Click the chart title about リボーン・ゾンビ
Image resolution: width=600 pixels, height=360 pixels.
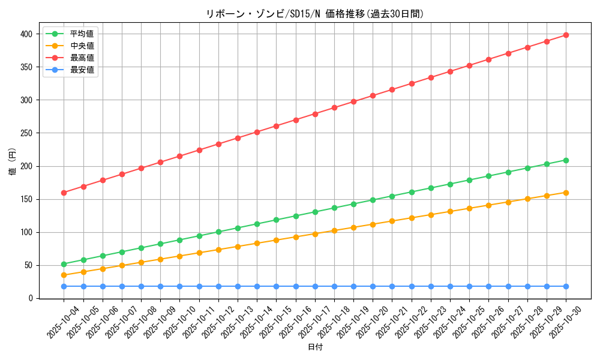(314, 14)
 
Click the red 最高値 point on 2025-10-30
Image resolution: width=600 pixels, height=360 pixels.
(566, 35)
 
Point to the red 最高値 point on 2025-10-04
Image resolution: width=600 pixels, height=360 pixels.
(64, 193)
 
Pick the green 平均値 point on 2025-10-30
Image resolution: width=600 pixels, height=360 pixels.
(566, 160)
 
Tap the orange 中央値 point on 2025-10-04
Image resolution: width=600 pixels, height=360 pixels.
(64, 275)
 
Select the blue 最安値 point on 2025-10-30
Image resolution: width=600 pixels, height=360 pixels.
(566, 286)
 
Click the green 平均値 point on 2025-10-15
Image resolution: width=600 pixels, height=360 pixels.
(276, 220)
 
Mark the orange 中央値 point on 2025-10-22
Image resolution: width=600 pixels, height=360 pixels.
(412, 218)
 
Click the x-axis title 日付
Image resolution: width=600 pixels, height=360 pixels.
(314, 347)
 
